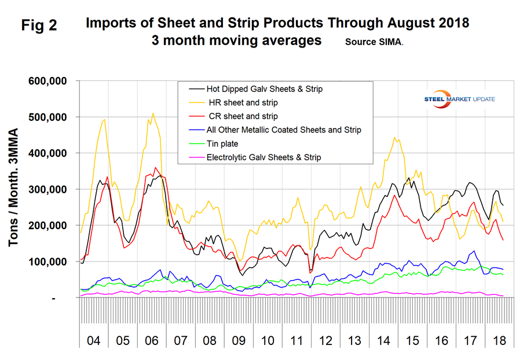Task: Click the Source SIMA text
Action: click(375, 42)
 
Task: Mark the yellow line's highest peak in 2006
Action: click(153, 113)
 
